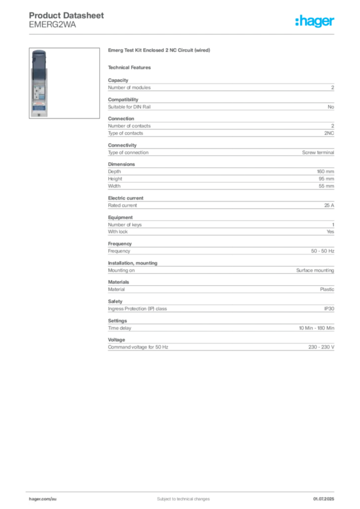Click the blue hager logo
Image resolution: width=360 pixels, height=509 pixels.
[315, 21]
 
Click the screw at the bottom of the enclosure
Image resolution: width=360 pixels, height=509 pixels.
[39, 114]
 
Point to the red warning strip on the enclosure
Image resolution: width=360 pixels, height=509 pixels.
[39, 101]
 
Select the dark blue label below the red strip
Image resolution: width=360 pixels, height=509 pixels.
[39, 106]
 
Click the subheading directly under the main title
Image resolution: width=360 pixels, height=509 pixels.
[131, 67]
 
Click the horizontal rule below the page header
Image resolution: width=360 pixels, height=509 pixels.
[183, 34]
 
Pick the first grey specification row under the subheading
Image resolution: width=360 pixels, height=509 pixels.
[221, 87]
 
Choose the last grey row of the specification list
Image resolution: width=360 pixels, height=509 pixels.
[221, 347]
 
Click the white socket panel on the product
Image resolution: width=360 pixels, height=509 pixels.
[39, 85]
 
